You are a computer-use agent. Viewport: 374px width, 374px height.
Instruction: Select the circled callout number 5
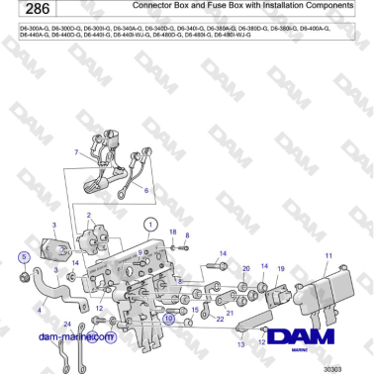click(x=25, y=257)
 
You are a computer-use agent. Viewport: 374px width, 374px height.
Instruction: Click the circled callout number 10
click(x=169, y=319)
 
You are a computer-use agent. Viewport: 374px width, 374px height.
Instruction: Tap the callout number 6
click(x=146, y=189)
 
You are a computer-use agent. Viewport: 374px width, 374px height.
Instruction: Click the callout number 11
click(x=328, y=256)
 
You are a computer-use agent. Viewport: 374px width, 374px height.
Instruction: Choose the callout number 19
click(x=280, y=268)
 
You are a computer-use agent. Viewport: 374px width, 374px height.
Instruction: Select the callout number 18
click(x=171, y=232)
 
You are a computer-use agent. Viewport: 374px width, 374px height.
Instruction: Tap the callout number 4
click(x=39, y=310)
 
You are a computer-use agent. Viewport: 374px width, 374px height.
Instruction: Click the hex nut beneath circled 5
click(x=25, y=274)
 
